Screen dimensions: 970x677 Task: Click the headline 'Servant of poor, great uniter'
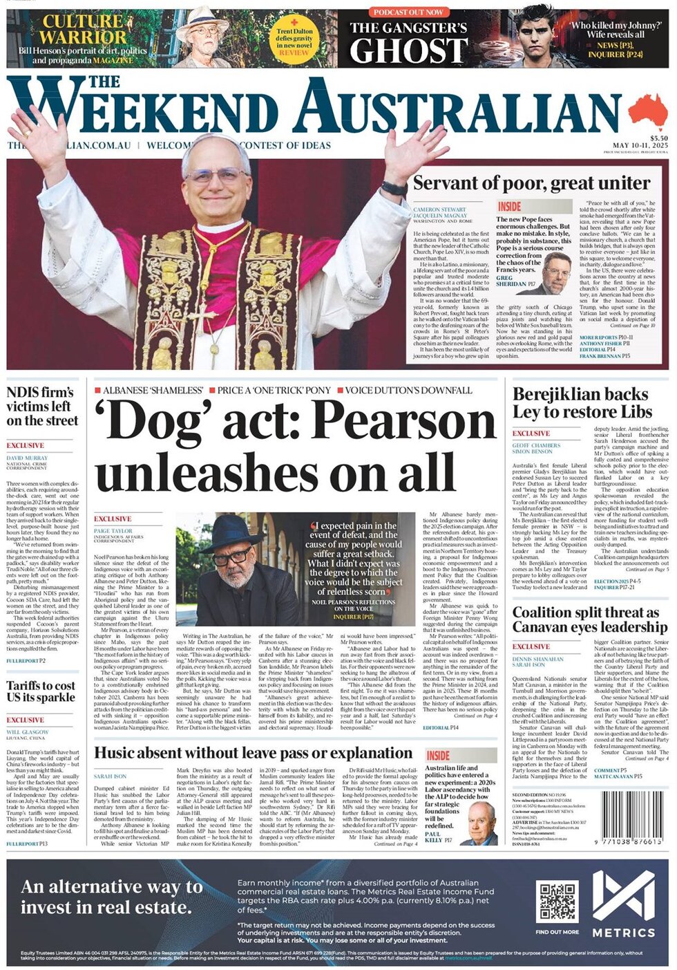point(531,183)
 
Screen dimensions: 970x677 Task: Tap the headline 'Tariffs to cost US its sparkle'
point(41,691)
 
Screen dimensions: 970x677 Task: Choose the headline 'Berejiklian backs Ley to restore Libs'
point(581,403)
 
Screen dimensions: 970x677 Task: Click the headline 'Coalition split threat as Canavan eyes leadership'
point(589,619)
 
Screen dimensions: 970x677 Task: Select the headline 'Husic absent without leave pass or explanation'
point(253,753)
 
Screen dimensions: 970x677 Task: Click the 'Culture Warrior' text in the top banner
point(84,28)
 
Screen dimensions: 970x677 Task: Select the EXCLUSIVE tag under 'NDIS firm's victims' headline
point(26,445)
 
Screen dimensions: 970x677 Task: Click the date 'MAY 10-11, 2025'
point(640,146)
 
